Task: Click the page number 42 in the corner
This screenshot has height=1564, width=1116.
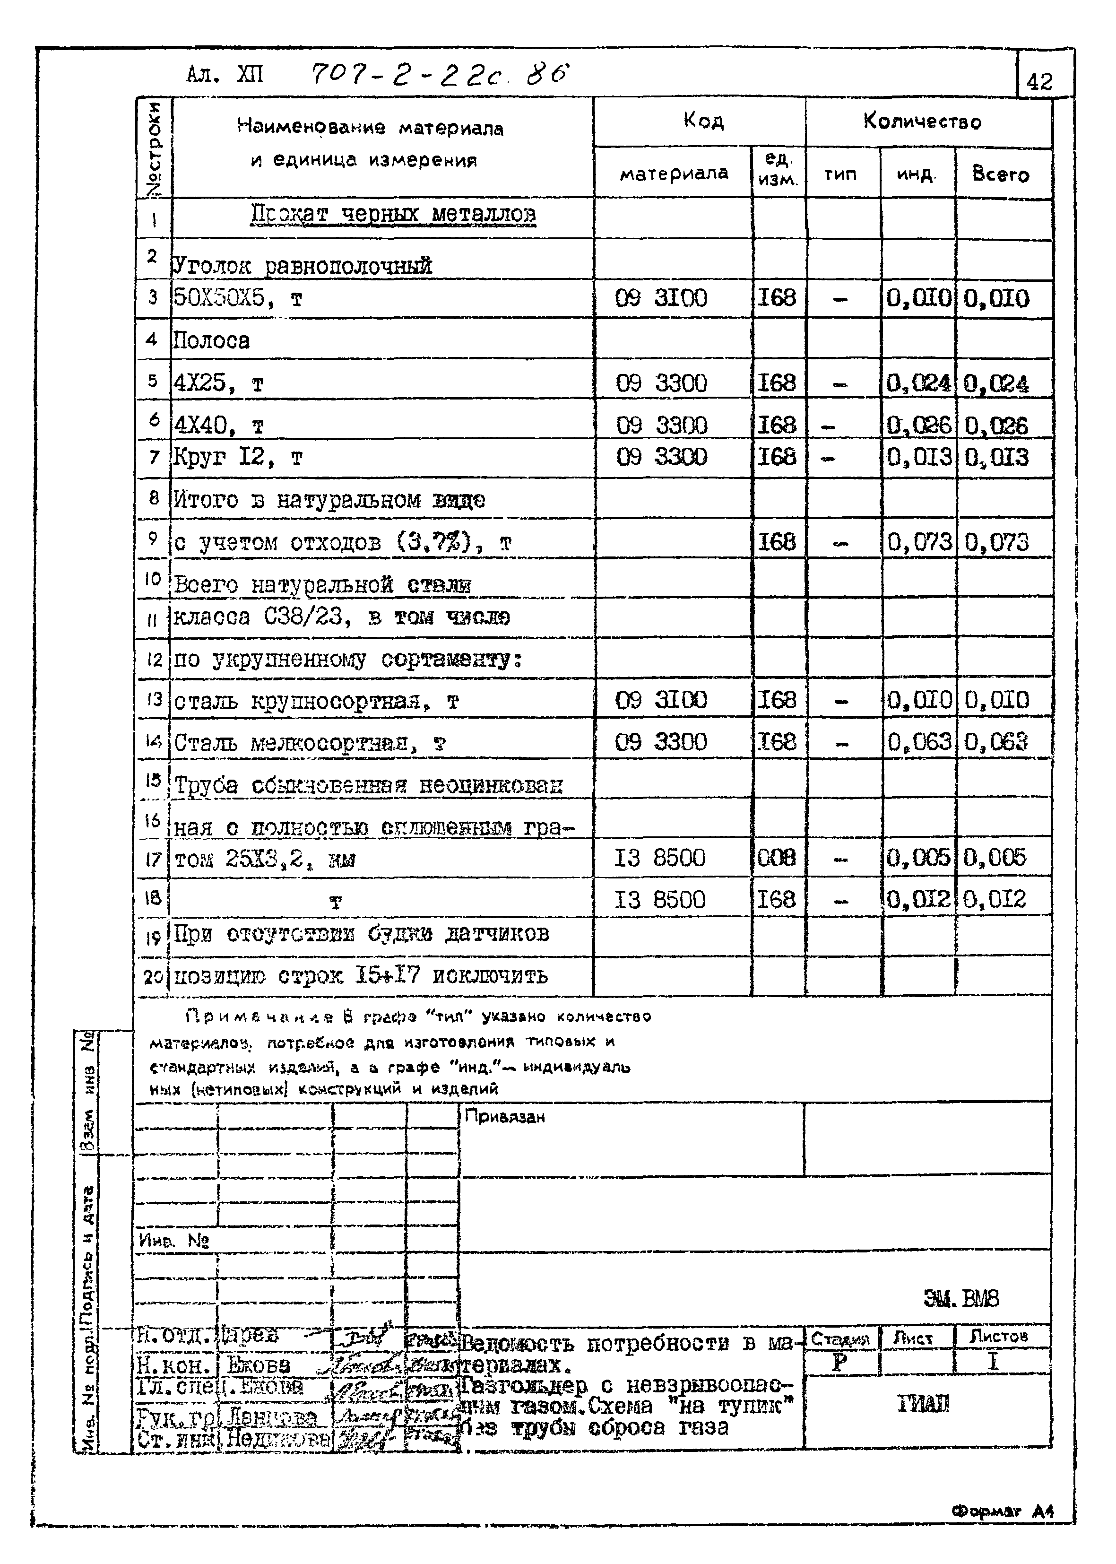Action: [x=1039, y=82]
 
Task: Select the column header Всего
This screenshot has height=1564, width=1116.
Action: [x=1001, y=174]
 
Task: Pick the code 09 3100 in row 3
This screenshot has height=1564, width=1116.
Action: [x=661, y=298]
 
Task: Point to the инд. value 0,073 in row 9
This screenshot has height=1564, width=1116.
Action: [x=919, y=543]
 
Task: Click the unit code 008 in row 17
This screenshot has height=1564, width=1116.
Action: [x=777, y=858]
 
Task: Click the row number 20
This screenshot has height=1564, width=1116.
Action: [x=153, y=976]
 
